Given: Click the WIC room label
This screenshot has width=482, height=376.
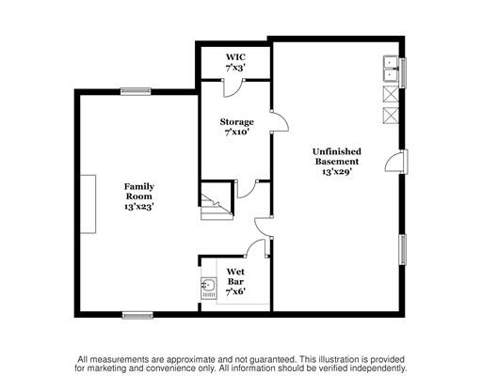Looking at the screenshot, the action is [x=235, y=57].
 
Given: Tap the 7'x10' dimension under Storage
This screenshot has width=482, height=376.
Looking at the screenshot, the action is [x=237, y=133].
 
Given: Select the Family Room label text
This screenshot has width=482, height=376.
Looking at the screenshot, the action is [x=139, y=192].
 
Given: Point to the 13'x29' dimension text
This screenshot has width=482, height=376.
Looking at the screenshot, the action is [x=337, y=172].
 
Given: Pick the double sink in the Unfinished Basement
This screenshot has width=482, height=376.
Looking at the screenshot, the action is [x=391, y=69].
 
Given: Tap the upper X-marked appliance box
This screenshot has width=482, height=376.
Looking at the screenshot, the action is [x=391, y=94].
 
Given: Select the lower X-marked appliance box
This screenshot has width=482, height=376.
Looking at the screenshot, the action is [x=391, y=116].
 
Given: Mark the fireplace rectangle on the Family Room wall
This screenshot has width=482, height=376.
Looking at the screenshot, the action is [x=88, y=204].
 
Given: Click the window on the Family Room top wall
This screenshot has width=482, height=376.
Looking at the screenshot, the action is [x=136, y=91].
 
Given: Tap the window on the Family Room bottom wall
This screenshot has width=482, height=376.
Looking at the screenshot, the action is [x=137, y=315].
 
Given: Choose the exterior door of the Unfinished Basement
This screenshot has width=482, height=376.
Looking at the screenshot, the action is [x=396, y=162].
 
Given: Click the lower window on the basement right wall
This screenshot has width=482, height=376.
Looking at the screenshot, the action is [x=403, y=249].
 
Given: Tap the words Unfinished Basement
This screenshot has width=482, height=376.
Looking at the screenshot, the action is [x=337, y=156].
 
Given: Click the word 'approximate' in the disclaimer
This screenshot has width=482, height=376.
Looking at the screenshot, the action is [x=191, y=359].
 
